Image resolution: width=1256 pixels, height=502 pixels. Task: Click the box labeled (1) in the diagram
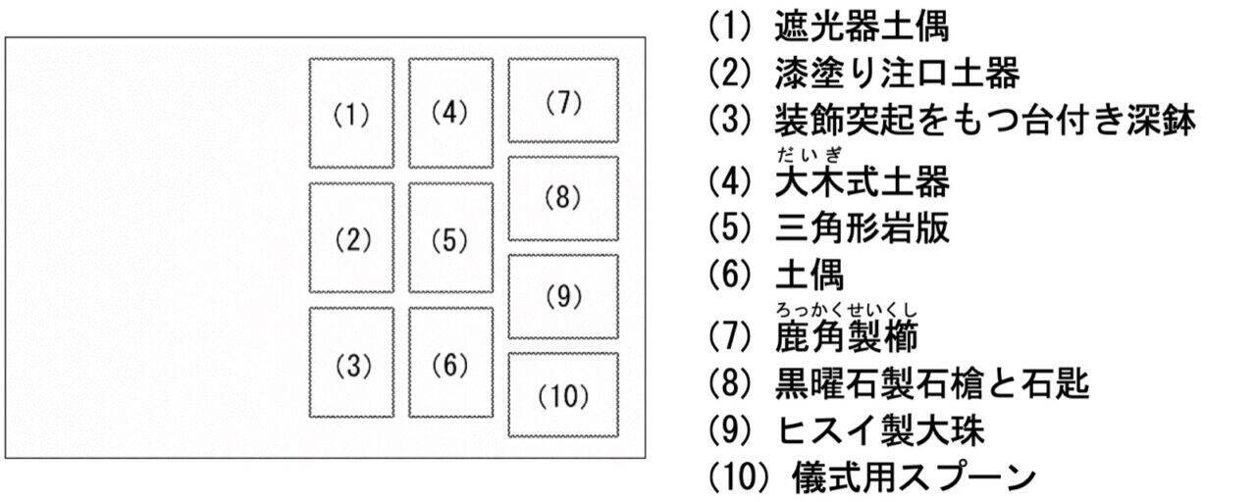(x=351, y=114)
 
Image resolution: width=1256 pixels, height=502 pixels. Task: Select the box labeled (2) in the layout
(x=351, y=238)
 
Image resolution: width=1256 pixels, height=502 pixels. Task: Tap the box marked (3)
(x=351, y=365)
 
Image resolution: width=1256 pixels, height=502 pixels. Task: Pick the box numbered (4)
(x=450, y=114)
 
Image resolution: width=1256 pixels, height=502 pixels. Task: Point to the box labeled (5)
(x=450, y=238)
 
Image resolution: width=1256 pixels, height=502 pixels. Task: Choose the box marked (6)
(x=450, y=365)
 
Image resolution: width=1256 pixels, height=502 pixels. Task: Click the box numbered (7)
(x=563, y=101)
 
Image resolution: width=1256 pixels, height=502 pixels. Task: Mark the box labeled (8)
(x=563, y=198)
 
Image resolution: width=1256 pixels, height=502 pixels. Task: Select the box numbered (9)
(x=563, y=296)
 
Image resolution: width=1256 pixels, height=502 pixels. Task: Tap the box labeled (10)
(x=563, y=395)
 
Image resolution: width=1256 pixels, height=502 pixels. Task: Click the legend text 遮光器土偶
(x=862, y=27)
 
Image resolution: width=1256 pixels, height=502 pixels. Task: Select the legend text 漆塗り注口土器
(x=897, y=74)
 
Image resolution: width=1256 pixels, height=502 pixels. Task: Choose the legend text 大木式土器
(x=862, y=183)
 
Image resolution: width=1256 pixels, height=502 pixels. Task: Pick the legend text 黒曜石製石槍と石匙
(x=932, y=384)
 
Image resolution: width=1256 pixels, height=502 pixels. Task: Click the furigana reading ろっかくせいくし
(x=846, y=313)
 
